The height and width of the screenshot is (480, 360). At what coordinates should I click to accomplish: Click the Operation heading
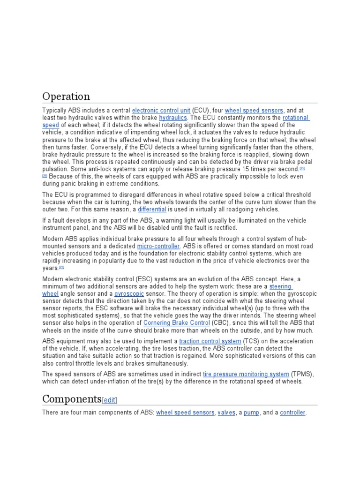66,97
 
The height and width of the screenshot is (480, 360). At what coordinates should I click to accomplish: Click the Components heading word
72,399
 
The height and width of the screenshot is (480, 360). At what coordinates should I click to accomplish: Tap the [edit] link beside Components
109,400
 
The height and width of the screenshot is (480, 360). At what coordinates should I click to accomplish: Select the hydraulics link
172,118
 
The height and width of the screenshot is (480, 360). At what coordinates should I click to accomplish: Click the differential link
152,209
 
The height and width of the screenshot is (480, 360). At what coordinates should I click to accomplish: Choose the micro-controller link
158,246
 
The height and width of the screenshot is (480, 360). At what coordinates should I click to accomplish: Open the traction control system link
210,341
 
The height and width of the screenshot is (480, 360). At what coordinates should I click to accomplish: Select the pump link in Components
251,413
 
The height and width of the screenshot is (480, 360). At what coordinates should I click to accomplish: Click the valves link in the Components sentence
226,413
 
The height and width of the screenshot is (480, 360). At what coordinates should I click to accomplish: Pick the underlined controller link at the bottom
292,413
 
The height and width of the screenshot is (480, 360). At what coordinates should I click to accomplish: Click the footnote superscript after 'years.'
61,267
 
